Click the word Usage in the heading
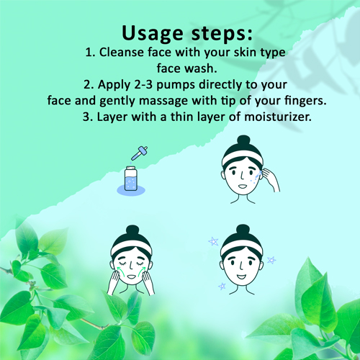153,34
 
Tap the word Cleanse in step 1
122,53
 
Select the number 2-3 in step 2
143,85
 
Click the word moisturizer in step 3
278,117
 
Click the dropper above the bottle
139,153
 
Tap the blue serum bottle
131,179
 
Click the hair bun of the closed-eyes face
132,231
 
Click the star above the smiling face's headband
213,241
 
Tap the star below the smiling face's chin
222,286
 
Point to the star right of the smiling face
271,260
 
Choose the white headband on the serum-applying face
243,157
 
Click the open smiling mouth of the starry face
241,276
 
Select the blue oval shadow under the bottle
131,190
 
